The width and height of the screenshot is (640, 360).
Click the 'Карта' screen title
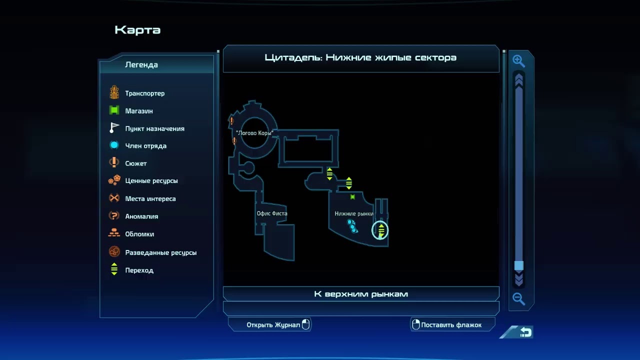[137, 30]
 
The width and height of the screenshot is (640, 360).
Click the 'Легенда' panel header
[141, 64]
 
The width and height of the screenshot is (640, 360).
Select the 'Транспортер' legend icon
[114, 92]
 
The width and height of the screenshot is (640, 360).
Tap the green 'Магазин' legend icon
[114, 110]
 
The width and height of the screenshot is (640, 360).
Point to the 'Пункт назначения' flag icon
[114, 128]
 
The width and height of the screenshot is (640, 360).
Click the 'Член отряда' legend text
[146, 146]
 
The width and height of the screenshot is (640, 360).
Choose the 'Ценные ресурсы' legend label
[151, 181]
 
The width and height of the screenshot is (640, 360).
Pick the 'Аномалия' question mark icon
[114, 216]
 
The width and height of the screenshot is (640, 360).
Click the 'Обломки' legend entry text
[139, 234]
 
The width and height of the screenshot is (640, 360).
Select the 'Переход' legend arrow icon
[114, 270]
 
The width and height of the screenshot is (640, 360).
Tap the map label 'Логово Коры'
[254, 133]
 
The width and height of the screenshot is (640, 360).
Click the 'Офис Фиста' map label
[272, 213]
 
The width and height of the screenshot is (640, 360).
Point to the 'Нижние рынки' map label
[354, 214]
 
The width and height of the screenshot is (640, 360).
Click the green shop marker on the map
[352, 197]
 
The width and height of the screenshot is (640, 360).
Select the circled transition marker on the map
[380, 230]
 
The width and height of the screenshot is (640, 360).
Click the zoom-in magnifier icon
[518, 61]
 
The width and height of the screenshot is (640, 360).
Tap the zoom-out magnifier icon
[518, 299]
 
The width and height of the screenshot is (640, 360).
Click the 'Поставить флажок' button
[451, 325]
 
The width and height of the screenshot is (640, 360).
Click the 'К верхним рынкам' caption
[361, 294]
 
